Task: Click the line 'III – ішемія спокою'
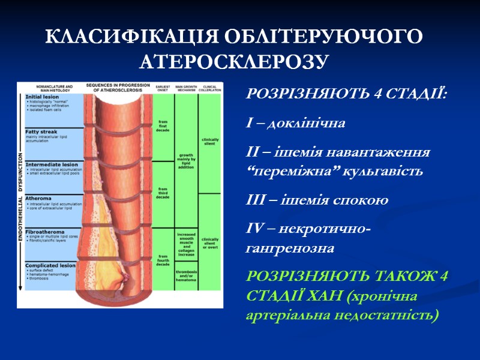click(317, 200)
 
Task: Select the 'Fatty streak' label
click(41, 131)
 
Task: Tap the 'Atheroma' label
click(38, 198)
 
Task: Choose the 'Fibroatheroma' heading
click(46, 230)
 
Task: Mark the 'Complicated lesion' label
click(50, 265)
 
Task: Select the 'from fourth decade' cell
click(163, 261)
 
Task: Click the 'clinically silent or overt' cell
click(210, 244)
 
